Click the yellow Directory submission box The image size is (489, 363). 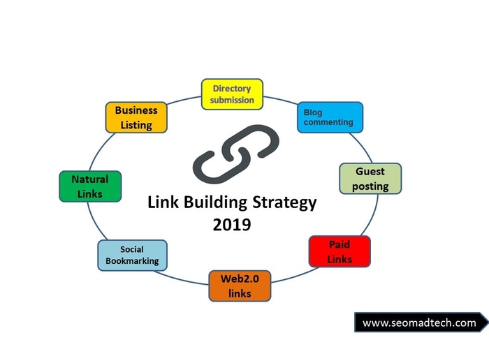(231, 94)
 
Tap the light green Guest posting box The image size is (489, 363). (370, 178)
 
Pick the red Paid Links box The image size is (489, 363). (340, 251)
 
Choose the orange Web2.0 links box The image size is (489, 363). (240, 286)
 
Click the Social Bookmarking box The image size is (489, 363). (132, 255)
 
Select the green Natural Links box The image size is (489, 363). (89, 186)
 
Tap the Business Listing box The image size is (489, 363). (136, 117)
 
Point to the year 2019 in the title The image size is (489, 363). (232, 225)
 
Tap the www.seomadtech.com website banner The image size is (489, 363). (420, 323)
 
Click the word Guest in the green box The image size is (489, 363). (370, 171)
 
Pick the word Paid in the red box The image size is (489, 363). (340, 244)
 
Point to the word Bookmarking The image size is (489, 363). (132, 261)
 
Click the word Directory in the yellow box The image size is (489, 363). (232, 89)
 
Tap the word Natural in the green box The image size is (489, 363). (89, 179)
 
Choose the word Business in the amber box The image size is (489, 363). (136, 110)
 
